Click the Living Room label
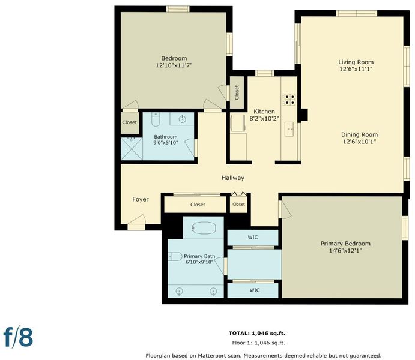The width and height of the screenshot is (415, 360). [356, 62]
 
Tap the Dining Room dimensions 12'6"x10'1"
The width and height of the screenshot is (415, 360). [359, 142]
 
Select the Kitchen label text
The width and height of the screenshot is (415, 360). [264, 112]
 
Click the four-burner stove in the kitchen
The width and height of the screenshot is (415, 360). [289, 100]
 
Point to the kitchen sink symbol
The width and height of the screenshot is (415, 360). [289, 129]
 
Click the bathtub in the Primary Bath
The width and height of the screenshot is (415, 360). [203, 228]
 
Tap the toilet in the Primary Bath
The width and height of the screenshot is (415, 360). [175, 256]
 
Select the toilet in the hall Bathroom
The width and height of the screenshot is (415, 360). [156, 119]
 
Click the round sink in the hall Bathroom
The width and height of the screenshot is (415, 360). [182, 119]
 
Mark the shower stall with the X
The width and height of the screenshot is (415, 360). [132, 149]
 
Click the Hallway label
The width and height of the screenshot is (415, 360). [233, 178]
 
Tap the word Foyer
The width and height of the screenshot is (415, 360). [141, 199]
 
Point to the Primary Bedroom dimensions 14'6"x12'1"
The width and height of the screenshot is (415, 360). [345, 251]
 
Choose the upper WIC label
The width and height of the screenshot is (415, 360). [252, 238]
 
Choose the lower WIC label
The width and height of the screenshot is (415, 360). [255, 290]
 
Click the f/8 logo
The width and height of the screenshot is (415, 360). [18, 337]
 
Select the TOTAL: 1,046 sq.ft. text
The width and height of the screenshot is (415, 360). [256, 334]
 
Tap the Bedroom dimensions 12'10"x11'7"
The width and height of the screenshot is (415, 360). [174, 65]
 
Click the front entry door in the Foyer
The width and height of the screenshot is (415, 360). [136, 223]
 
